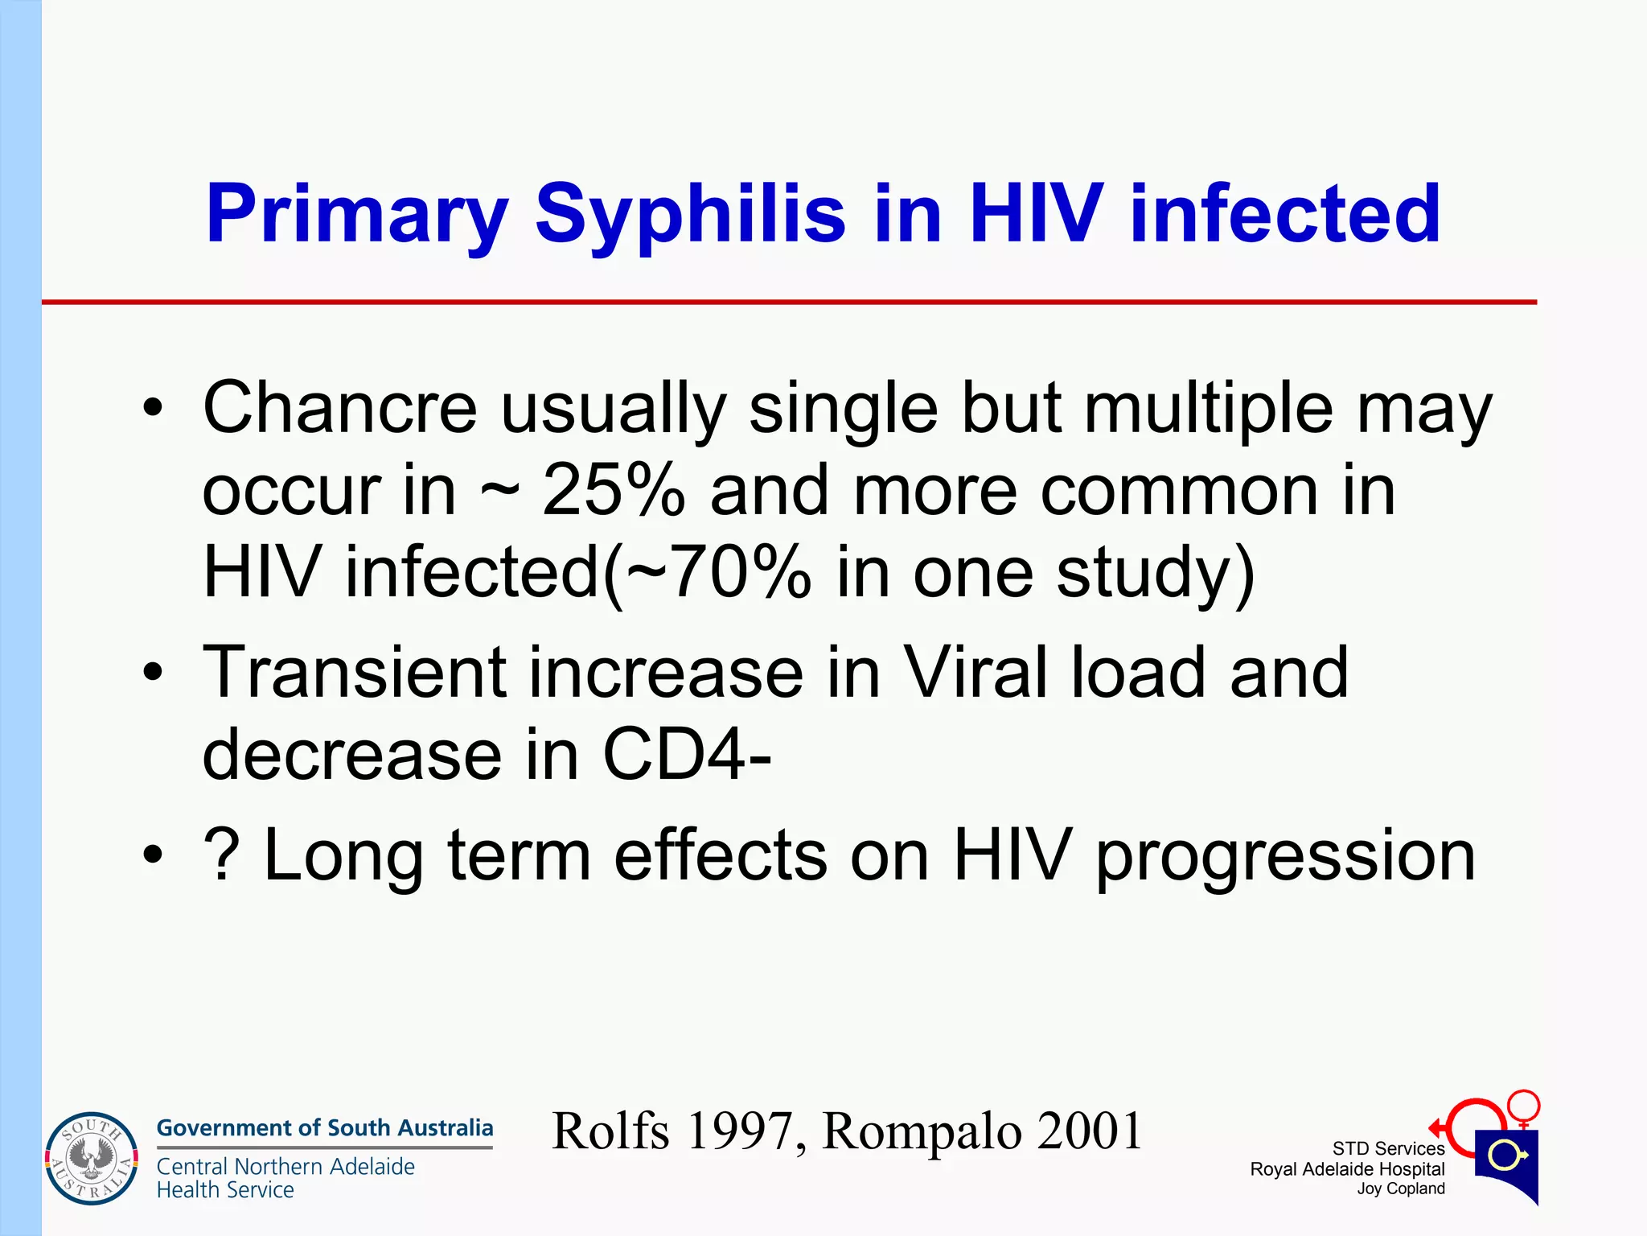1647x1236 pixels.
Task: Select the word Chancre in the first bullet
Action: pos(339,408)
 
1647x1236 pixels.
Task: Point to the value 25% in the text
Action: pos(613,491)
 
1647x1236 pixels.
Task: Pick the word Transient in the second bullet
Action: pos(354,673)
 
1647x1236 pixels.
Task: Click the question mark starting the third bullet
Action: pos(221,855)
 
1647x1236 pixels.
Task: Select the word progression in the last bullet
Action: pos(1285,857)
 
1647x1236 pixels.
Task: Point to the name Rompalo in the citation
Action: pos(922,1131)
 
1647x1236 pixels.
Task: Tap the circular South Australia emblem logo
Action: pos(91,1159)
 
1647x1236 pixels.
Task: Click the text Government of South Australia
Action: pos(324,1127)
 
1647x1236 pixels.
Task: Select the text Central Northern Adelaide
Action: pos(285,1166)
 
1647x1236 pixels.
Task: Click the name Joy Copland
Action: pos(1400,1189)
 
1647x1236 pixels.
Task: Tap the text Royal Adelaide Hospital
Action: pos(1347,1169)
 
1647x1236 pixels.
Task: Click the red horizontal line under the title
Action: pos(788,303)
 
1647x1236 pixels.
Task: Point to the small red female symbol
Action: pos(1523,1107)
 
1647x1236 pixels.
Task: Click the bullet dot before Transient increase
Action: pos(152,673)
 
